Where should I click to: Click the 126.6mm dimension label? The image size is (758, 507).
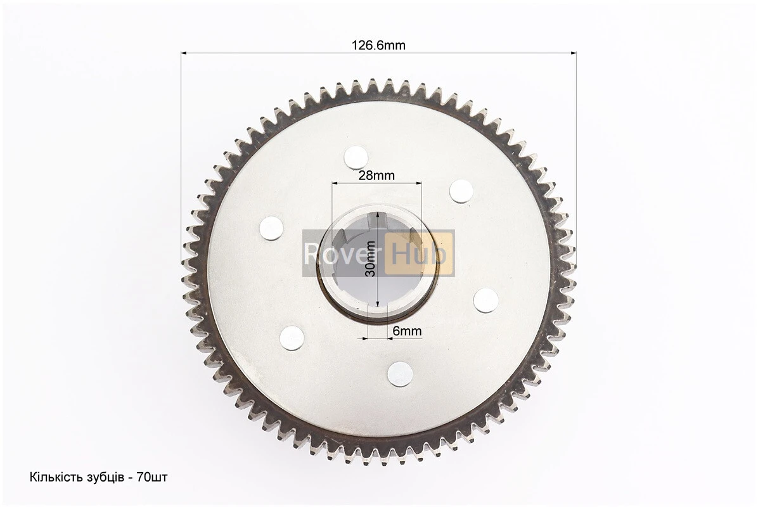coord(378,46)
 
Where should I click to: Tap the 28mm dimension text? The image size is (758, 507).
coord(376,175)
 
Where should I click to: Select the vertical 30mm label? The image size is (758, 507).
coord(370,259)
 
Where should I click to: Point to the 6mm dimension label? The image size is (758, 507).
coord(407,331)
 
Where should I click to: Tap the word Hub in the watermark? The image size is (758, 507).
coord(419,253)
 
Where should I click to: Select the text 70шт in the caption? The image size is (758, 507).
coord(152,477)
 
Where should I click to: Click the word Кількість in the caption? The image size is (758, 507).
coord(53,477)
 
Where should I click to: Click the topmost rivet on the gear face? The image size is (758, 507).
coord(357,158)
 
